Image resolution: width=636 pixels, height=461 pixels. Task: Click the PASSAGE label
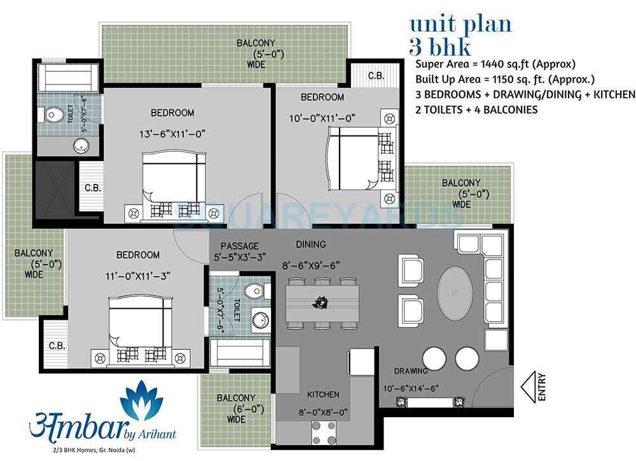(x=239, y=246)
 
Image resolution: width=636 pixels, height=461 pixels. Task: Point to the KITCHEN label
(x=323, y=394)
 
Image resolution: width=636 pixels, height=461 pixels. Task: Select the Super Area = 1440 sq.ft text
(x=495, y=64)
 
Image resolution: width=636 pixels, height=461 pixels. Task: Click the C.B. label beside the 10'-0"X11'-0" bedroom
(x=375, y=76)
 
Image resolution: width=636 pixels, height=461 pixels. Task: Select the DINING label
(x=310, y=244)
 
